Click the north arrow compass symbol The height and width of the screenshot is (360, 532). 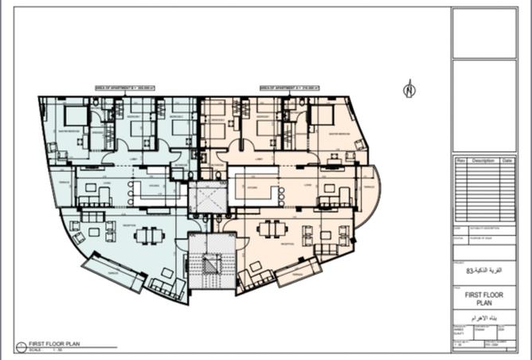coord(409,89)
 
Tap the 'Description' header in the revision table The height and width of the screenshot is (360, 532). coord(483,160)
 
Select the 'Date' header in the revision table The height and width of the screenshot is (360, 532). coord(507,160)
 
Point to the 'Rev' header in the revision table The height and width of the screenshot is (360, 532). coord(460,160)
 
